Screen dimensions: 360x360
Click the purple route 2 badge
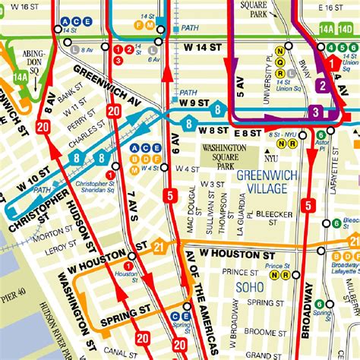321,86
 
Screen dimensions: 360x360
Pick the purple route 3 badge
314,113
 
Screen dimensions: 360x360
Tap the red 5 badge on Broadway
308,205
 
